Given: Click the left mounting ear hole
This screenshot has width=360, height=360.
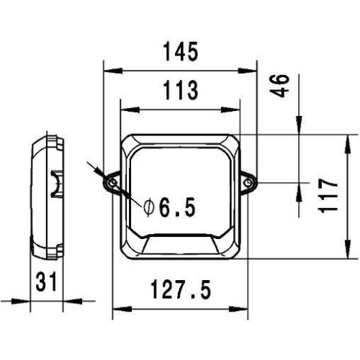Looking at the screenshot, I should [x=112, y=184].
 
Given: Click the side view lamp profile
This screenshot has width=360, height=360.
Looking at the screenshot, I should [x=48, y=194].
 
